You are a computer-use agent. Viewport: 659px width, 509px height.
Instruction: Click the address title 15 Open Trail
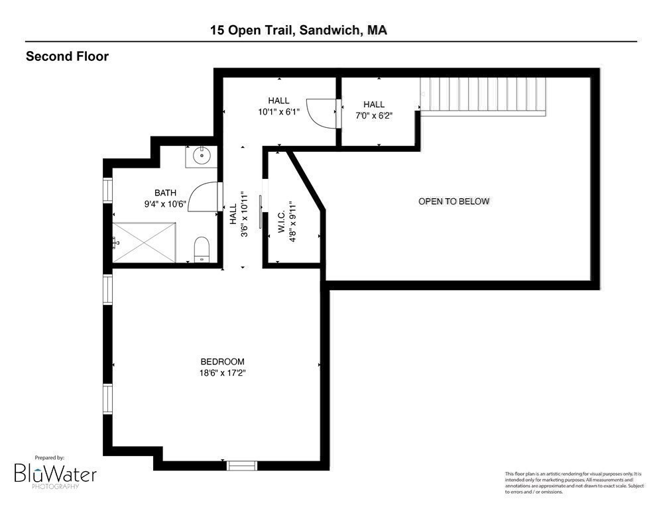click(298, 30)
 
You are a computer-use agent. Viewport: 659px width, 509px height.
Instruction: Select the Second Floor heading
click(67, 56)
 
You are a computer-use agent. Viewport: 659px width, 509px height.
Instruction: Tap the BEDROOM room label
click(222, 361)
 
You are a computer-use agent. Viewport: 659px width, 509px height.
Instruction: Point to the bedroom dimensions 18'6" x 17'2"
click(223, 372)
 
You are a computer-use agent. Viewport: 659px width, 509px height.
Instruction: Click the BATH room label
click(166, 193)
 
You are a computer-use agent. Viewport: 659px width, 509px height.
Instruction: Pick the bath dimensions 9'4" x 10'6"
click(166, 204)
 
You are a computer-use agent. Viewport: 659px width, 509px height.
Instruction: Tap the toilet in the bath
click(202, 250)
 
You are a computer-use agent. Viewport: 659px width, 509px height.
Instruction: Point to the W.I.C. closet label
click(281, 221)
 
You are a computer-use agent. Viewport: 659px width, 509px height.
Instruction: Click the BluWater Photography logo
click(56, 473)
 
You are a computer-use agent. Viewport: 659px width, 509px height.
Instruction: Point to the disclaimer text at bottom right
click(574, 482)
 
